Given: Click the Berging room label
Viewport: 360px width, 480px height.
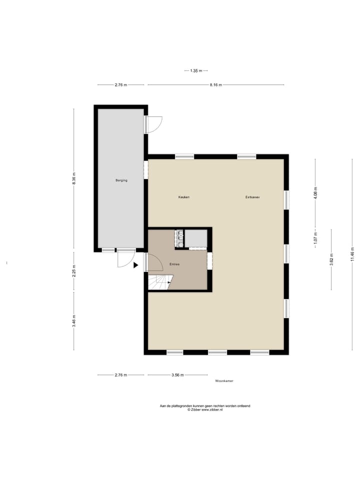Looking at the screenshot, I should pyautogui.click(x=121, y=180).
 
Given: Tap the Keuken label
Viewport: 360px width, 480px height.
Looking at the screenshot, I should pyautogui.click(x=184, y=197).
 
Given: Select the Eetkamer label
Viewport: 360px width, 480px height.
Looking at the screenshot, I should pyautogui.click(x=252, y=197).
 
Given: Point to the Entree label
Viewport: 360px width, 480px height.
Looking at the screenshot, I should pyautogui.click(x=174, y=263).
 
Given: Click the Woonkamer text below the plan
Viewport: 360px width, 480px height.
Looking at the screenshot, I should pyautogui.click(x=224, y=381).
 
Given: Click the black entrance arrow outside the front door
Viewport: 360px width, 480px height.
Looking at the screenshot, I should pyautogui.click(x=135, y=265).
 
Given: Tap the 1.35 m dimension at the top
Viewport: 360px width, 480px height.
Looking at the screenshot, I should pyautogui.click(x=196, y=70).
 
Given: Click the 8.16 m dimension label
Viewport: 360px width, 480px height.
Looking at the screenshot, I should pyautogui.click(x=216, y=85).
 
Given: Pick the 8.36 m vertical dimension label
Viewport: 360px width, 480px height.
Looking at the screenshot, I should pyautogui.click(x=74, y=179).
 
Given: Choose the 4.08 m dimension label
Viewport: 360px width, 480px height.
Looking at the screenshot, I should pyautogui.click(x=315, y=192).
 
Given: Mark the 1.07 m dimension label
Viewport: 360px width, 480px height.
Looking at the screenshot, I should pyautogui.click(x=315, y=237).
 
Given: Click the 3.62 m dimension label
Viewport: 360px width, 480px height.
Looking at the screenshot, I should pyautogui.click(x=331, y=258).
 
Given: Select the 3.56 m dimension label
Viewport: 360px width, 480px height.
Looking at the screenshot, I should pyautogui.click(x=177, y=375).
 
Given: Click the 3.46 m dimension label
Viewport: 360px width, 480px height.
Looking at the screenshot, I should pyautogui.click(x=74, y=320).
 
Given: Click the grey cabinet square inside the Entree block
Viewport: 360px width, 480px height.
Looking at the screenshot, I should pyautogui.click(x=196, y=238).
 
